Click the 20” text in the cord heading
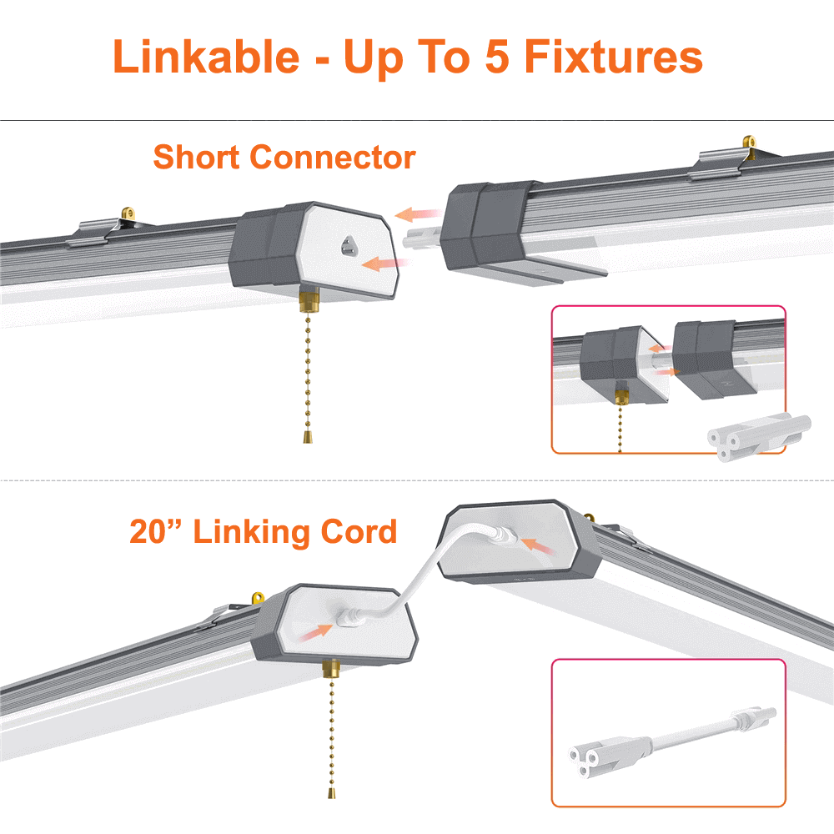(156, 531)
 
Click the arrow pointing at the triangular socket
(384, 264)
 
